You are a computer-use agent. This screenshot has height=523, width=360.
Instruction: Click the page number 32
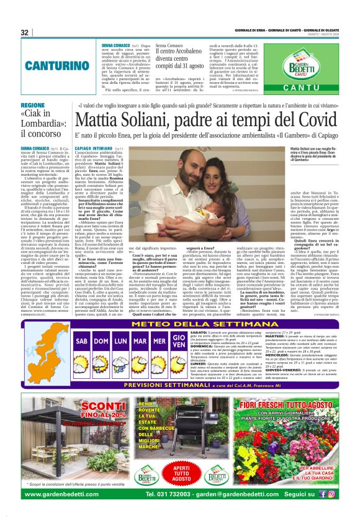point(25,32)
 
